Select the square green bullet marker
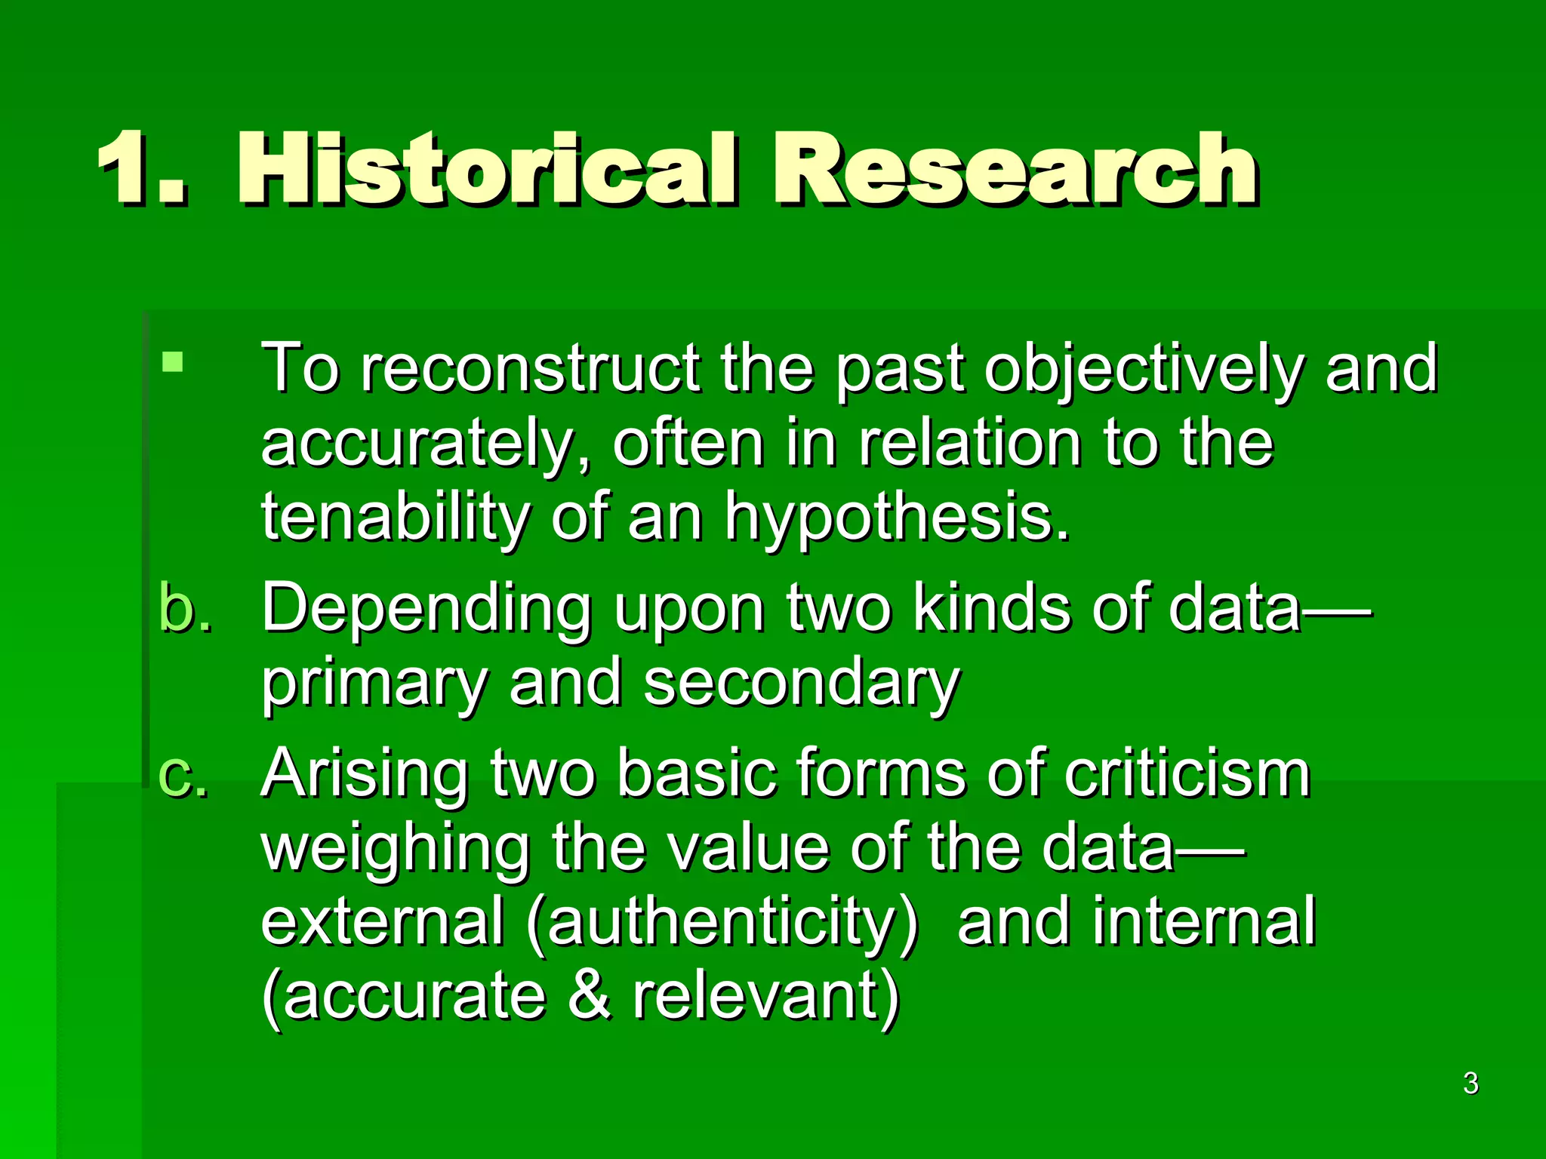click(x=173, y=362)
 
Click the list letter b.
click(x=185, y=608)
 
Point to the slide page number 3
click(x=1471, y=1084)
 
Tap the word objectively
click(x=1145, y=370)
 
